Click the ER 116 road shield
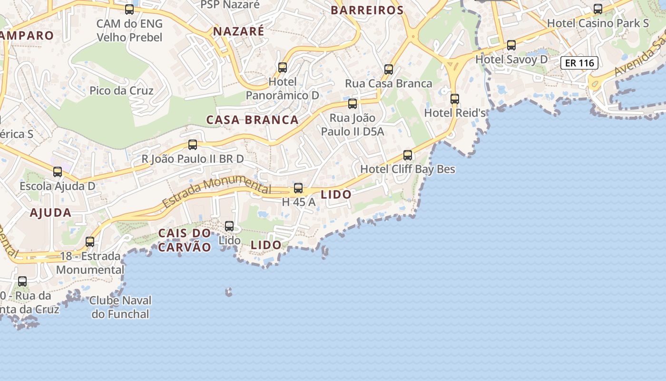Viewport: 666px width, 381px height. (579, 63)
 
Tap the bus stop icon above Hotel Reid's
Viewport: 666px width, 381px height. (455, 99)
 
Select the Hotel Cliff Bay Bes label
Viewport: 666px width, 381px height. (408, 169)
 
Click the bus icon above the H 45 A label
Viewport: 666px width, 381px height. (298, 188)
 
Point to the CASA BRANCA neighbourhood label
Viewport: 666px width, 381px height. (252, 120)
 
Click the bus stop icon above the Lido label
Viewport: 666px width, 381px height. (229, 226)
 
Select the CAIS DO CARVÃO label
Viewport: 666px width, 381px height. (185, 240)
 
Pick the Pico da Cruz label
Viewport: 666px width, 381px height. (121, 90)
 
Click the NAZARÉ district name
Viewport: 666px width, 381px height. (238, 31)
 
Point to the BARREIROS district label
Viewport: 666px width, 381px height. (367, 10)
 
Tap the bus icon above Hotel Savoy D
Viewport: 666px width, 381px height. (511, 45)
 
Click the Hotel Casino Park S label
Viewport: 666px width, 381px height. (598, 23)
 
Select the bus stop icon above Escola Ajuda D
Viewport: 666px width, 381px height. (58, 172)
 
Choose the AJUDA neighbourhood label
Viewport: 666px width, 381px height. (50, 213)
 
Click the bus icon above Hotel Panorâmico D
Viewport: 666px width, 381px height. (283, 68)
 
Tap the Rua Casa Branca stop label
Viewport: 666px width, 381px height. (389, 83)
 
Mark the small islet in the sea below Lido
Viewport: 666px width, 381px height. (229, 292)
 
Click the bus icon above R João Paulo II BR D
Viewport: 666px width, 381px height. (193, 144)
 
